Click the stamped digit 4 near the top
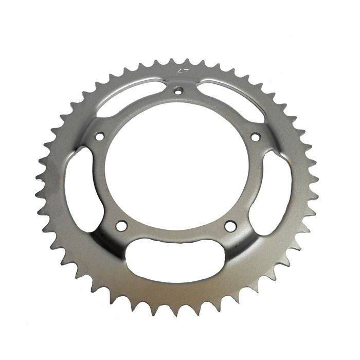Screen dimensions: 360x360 click(x=178, y=71)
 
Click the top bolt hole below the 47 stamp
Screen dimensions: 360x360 click(x=178, y=91)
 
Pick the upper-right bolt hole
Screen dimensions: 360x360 click(x=255, y=137)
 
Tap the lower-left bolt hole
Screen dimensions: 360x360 click(x=121, y=226)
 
